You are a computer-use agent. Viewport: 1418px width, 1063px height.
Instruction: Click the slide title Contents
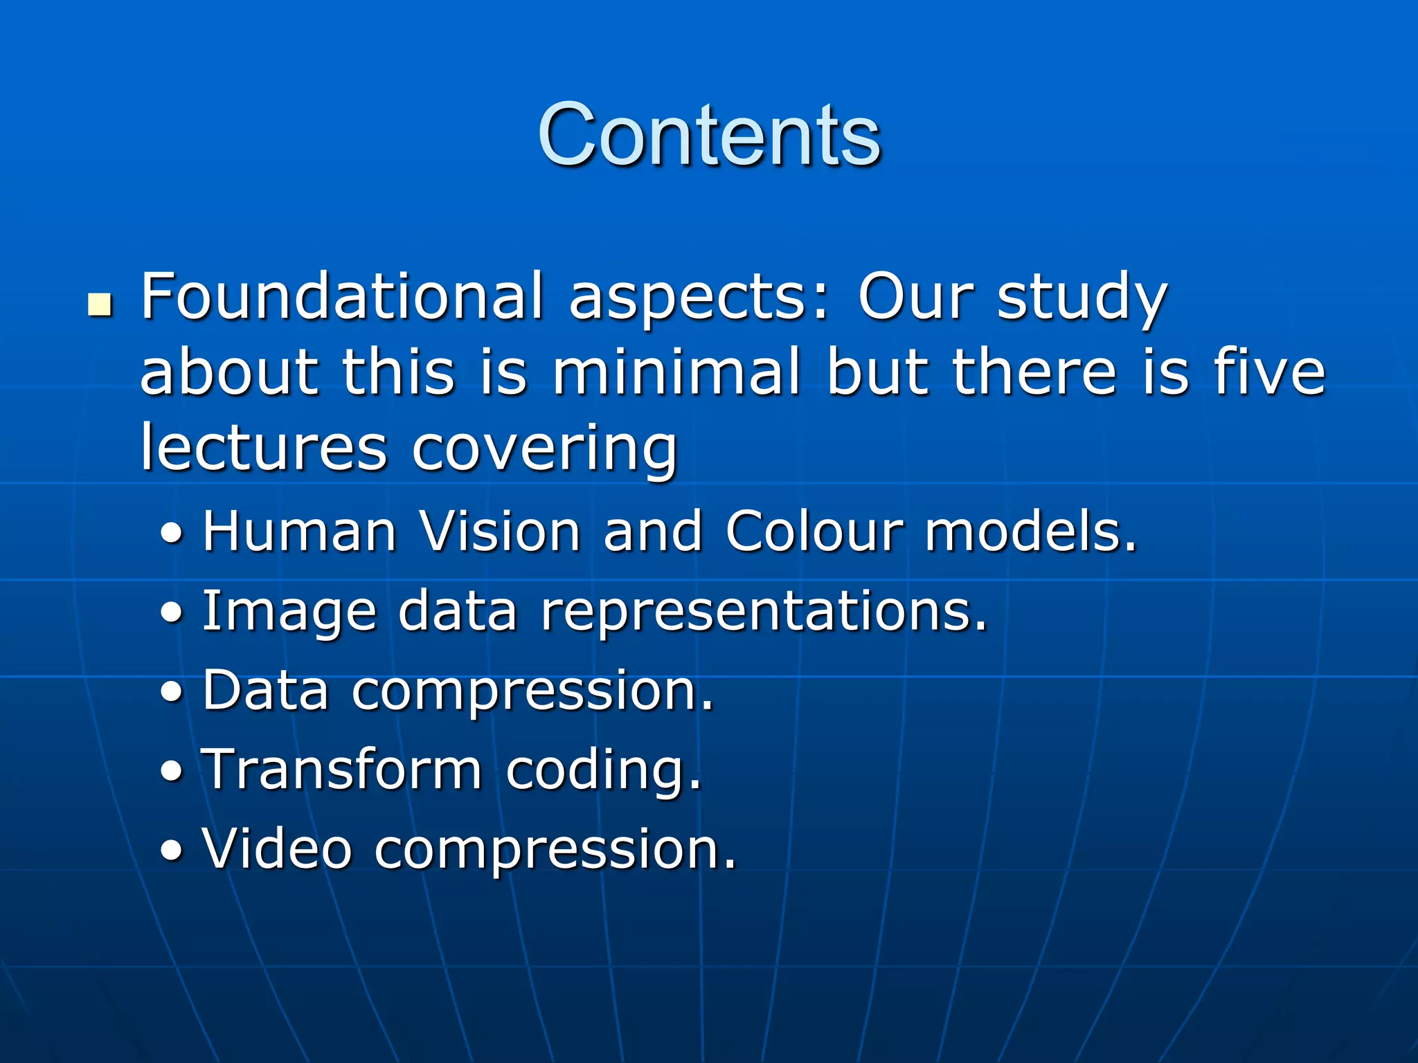pos(708,134)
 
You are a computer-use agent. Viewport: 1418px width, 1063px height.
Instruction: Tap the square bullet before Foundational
pos(100,305)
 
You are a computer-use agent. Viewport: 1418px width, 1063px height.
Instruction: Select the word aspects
pos(699,299)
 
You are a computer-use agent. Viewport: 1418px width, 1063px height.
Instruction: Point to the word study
pos(1082,299)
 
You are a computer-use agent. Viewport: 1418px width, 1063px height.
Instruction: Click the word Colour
pos(815,531)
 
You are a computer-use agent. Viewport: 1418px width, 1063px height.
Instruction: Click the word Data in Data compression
pos(265,690)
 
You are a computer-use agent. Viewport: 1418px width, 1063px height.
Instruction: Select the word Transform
pos(341,769)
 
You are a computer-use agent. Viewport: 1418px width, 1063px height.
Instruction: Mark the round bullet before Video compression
pos(172,851)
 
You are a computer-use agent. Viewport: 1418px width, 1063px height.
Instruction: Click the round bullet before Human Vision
pos(172,534)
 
